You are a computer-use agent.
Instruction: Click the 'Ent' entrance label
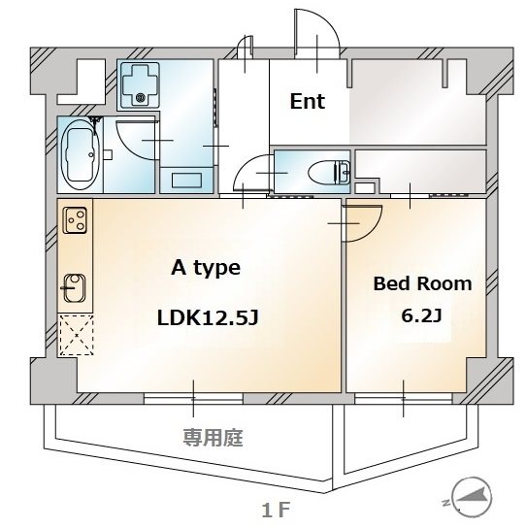coord(308,101)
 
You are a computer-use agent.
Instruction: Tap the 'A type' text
coord(206,268)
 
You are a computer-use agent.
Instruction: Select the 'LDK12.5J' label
coord(208,317)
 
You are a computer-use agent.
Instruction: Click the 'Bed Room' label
coord(422,283)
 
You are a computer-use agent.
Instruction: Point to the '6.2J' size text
coord(422,315)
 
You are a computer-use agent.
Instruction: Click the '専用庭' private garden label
coord(213,438)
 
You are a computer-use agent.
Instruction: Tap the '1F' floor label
coord(276,511)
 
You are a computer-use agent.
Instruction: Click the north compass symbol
coord(471,497)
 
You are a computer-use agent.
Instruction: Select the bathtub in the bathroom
coord(80,154)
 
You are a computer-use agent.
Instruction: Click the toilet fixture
coord(329,172)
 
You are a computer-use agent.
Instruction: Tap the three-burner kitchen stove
coord(75,220)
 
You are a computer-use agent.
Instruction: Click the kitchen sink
coord(75,287)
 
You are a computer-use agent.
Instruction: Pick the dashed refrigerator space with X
coord(76,335)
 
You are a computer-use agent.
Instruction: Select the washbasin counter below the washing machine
coord(186,181)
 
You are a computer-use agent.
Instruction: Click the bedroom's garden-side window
coord(403,399)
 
